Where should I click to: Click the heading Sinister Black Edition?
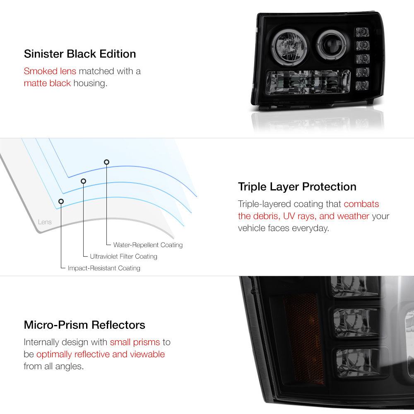tap(80, 54)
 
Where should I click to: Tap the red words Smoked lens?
tap(50, 71)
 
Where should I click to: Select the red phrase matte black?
tap(47, 83)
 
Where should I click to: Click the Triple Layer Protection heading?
tap(297, 187)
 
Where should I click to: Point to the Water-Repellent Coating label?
tap(148, 245)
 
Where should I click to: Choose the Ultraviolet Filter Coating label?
tap(123, 256)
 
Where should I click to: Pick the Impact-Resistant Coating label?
tap(104, 268)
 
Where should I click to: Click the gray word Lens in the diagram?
tap(45, 222)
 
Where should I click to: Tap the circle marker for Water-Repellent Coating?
tap(106, 162)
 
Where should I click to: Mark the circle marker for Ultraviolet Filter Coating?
tap(84, 181)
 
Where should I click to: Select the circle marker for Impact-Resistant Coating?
tap(61, 202)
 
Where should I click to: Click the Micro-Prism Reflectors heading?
tap(84, 325)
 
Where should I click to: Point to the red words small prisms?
tap(135, 342)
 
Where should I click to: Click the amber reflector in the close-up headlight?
tap(304, 338)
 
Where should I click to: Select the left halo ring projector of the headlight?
tap(290, 47)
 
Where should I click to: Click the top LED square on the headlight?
tap(362, 32)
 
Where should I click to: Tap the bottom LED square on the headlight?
tap(362, 85)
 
